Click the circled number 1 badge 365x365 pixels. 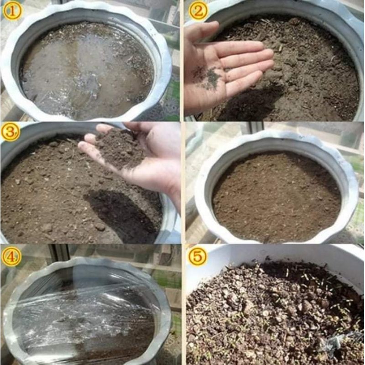[12, 11]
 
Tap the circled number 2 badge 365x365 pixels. [198, 11]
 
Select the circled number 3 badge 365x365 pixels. [10, 132]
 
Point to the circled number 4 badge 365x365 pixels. [11, 257]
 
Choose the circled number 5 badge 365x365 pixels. [198, 257]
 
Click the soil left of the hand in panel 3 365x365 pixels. [42, 193]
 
